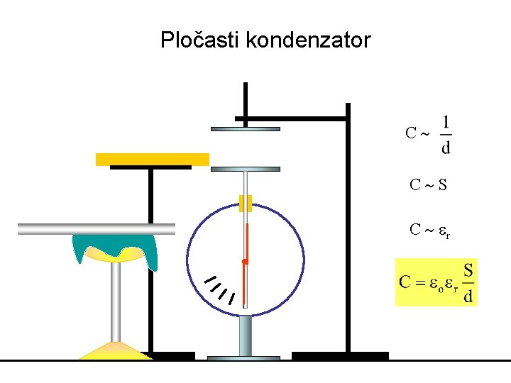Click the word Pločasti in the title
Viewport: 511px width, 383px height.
point(200,40)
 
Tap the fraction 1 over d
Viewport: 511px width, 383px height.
point(445,135)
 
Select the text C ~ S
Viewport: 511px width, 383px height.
point(428,186)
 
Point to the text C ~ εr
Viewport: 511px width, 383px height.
point(430,230)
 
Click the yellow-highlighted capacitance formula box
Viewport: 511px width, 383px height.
point(436,282)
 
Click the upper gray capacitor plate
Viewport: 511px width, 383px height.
point(246,129)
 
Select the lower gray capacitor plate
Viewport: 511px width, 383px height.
point(246,170)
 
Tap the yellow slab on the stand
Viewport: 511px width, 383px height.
point(153,159)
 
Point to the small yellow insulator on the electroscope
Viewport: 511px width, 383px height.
point(246,204)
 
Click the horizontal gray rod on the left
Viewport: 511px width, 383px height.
point(96,228)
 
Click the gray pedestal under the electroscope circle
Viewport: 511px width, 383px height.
point(246,335)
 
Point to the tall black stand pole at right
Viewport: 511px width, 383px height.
point(348,227)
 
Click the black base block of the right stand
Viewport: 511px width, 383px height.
point(340,355)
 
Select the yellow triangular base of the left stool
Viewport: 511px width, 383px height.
point(114,351)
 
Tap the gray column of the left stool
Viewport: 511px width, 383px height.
point(114,301)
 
